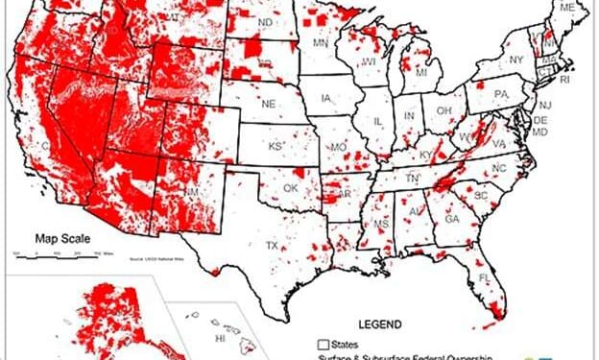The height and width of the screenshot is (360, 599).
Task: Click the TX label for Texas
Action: click(273, 246)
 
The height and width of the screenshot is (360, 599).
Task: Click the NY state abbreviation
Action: click(516, 60)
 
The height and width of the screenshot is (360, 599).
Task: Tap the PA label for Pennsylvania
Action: click(500, 94)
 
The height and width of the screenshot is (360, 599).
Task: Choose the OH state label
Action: click(444, 110)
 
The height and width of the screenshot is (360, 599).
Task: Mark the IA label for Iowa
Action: click(328, 98)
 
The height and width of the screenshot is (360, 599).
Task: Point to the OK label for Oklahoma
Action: click(288, 188)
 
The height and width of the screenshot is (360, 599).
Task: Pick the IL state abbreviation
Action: click(378, 122)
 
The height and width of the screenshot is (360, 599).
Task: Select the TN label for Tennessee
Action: click(411, 179)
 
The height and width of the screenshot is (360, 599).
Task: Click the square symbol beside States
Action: click(323, 343)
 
